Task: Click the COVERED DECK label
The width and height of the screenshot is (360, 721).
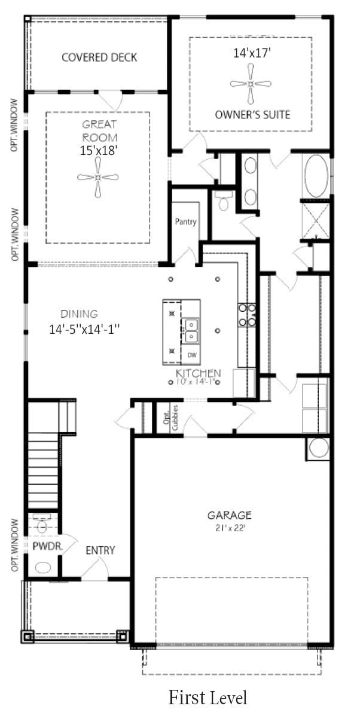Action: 99,57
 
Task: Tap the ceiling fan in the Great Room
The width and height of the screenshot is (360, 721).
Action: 98,177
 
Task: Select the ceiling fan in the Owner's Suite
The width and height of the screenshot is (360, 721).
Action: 251,84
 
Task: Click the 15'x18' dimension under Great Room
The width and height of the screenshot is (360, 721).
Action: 99,151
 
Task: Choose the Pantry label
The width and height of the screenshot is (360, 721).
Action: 185,222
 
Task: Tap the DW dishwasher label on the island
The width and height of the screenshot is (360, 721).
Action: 192,355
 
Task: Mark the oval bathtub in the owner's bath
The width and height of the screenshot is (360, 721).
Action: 317,177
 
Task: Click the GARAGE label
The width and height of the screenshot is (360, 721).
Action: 230,515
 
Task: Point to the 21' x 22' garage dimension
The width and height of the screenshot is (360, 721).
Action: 230,527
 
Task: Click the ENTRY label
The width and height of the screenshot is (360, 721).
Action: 100,550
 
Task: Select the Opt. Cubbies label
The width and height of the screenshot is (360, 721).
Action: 170,417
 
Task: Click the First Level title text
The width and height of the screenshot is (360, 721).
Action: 208,697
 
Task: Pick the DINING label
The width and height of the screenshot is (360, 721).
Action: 79,314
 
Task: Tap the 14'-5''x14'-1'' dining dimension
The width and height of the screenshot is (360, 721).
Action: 85,328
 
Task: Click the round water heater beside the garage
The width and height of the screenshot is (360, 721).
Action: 318,448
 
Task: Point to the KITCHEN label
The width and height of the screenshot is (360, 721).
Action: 198,373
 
